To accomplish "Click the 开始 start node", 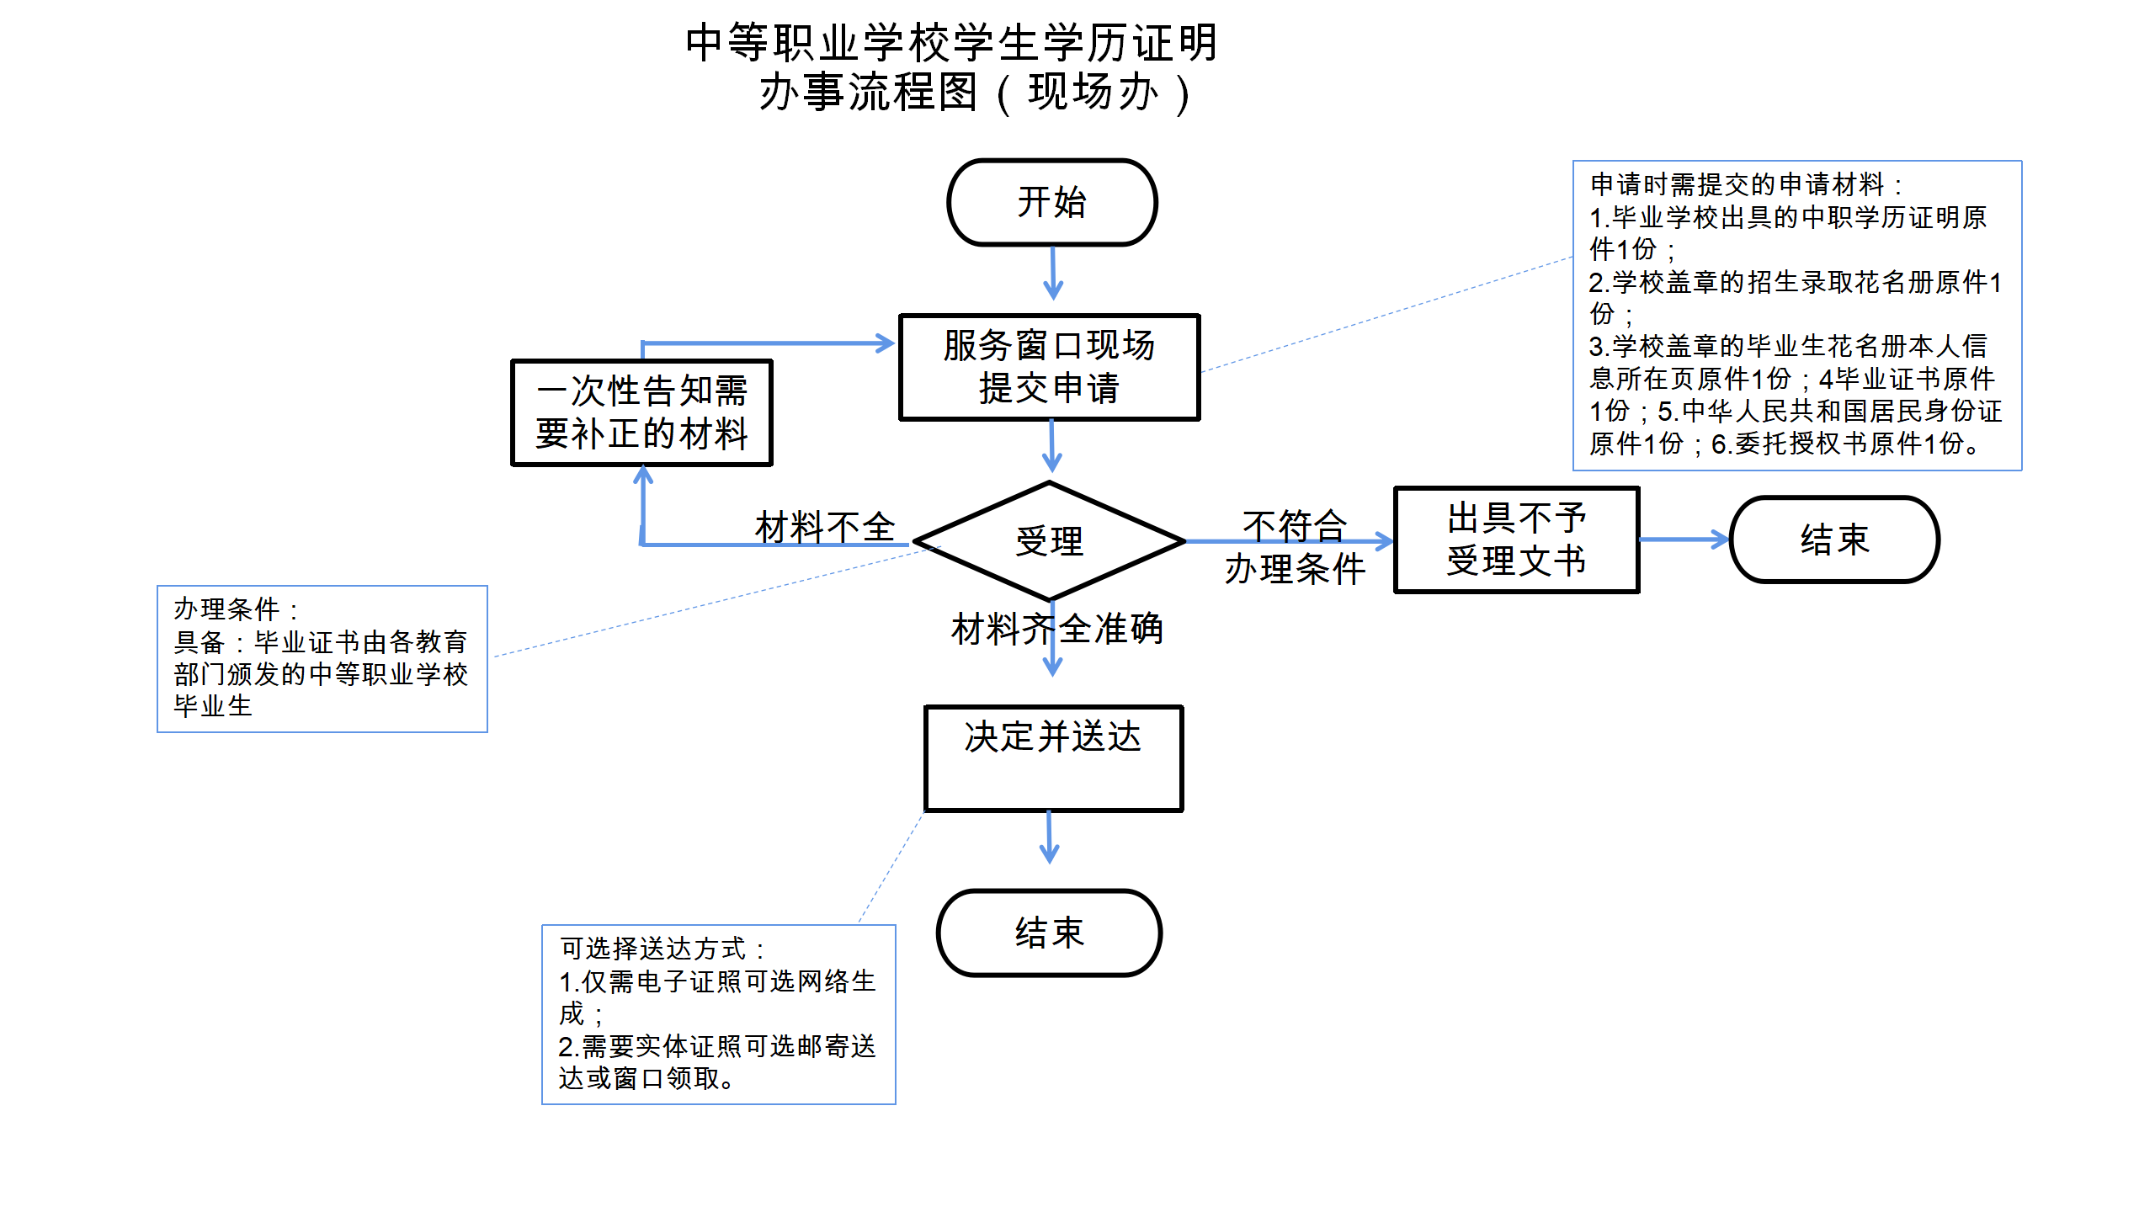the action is pos(1052,203).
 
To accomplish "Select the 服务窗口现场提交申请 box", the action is pos(1050,367).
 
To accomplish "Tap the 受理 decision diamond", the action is pos(1050,541).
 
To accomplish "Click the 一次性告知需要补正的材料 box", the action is pos(641,412).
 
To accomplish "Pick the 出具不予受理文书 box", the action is pos(1517,540).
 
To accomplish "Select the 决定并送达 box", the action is pos(1054,758).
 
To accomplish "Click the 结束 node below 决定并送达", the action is pos(1050,933).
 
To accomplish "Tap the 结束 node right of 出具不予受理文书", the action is pos(1835,540).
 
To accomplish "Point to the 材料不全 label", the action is pos(825,527).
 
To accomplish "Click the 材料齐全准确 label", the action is pos(1057,629).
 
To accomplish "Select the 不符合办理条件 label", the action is pos(1295,547).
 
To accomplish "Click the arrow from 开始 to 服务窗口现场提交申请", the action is pos(1053,273).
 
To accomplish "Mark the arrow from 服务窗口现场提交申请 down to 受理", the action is pos(1051,446).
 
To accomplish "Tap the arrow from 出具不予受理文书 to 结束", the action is pos(1684,540).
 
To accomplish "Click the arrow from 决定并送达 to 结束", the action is pos(1049,837).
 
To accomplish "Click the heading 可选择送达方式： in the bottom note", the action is pos(662,949).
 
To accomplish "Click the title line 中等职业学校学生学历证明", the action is pos(952,43).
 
